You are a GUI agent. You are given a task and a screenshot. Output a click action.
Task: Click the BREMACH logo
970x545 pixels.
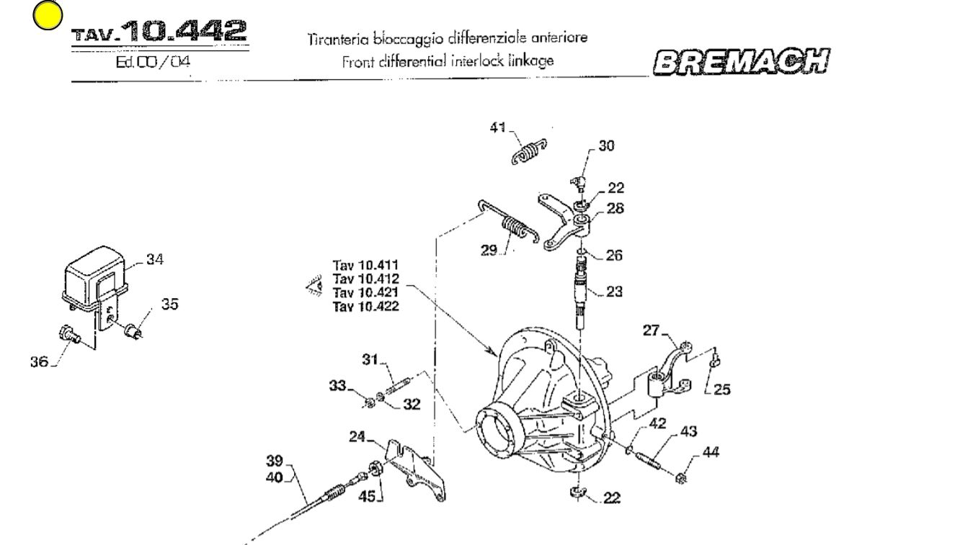(x=741, y=63)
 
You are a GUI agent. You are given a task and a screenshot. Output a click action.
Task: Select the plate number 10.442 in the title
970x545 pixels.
(x=183, y=30)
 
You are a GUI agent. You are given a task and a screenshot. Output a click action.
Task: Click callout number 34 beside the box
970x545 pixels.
(x=154, y=259)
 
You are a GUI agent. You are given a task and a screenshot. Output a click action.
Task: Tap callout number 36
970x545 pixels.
(x=39, y=361)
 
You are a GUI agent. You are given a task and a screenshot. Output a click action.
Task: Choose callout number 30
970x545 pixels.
(x=606, y=146)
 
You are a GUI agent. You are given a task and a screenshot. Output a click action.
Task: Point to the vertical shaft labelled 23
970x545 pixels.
(x=581, y=292)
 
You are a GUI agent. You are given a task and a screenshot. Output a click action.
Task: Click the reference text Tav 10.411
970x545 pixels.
(x=365, y=266)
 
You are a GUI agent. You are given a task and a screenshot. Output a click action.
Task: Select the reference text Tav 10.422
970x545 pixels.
(x=365, y=307)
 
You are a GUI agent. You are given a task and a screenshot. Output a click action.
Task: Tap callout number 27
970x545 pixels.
(x=651, y=330)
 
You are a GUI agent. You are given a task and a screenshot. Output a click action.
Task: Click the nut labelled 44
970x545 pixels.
(x=681, y=477)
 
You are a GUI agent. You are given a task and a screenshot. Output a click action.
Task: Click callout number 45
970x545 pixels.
(x=368, y=496)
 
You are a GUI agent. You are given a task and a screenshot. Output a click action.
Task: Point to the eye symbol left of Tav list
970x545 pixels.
(x=315, y=287)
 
